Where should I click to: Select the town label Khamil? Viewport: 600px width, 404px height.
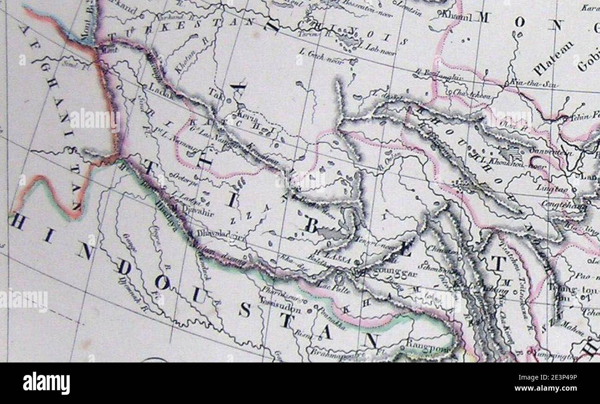click(x=456, y=17)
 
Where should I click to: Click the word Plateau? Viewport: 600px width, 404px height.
click(x=553, y=58)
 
